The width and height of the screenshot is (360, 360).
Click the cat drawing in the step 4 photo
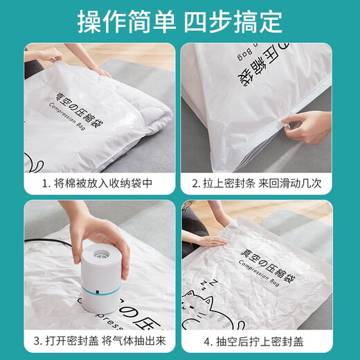pos(208,305)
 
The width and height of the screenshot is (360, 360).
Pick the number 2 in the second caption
pos(206,185)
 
